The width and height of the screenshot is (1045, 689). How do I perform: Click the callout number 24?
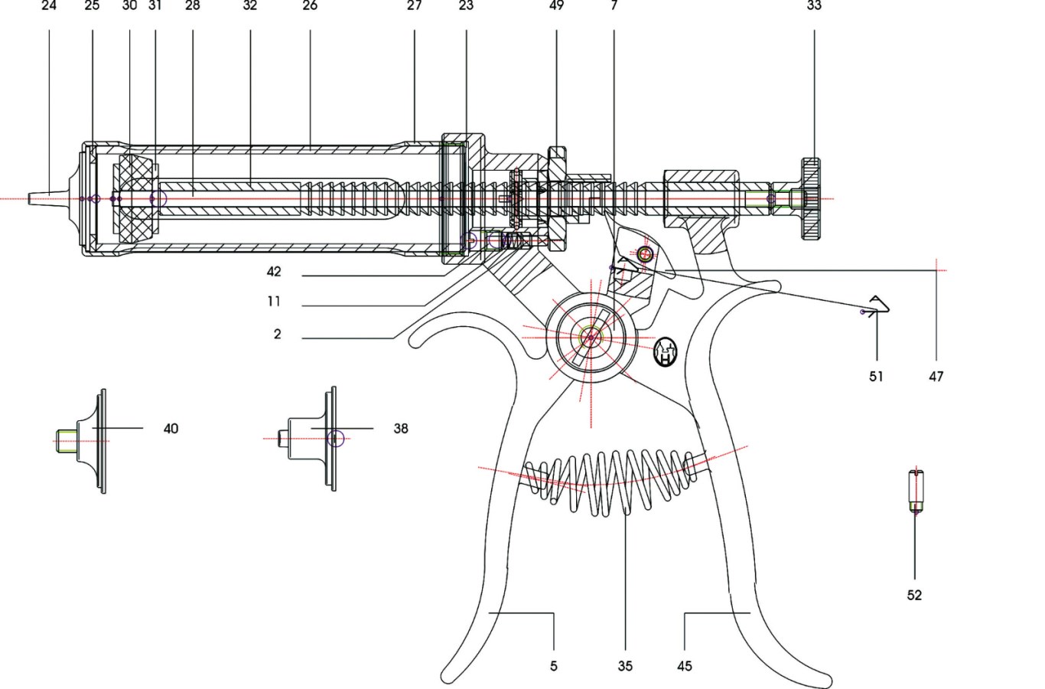coord(49,5)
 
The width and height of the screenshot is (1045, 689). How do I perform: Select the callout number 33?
coord(814,5)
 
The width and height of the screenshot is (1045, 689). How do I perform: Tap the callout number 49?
coord(556,5)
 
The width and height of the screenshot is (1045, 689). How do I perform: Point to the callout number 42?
coord(274,272)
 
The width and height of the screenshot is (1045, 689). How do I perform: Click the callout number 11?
coord(274,302)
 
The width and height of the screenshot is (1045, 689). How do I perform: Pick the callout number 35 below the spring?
coord(625,666)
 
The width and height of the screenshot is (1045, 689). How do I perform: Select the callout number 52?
coord(914,595)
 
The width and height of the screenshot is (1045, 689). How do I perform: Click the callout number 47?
coord(936,376)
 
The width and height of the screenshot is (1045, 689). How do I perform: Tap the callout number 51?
coord(876,376)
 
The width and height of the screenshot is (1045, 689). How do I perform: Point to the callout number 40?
coord(171,429)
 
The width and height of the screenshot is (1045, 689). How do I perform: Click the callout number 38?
coord(401,429)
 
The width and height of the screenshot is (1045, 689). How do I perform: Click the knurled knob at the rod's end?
coord(811,199)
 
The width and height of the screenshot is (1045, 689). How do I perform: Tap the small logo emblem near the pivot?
coord(666,352)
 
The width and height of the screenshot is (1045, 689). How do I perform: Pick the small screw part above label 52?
coord(915,491)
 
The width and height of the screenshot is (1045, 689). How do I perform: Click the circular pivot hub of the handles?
coord(590,335)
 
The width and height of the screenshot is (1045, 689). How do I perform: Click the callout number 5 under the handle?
coord(553,666)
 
